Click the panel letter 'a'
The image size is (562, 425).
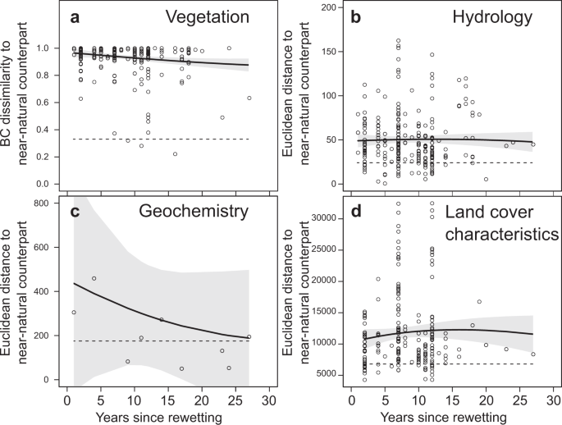75,18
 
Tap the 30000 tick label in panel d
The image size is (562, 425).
322,218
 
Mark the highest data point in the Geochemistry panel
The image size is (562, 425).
94,279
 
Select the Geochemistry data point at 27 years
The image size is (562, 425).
249,337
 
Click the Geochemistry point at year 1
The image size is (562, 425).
74,313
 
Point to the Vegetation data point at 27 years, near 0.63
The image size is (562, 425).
249,98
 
